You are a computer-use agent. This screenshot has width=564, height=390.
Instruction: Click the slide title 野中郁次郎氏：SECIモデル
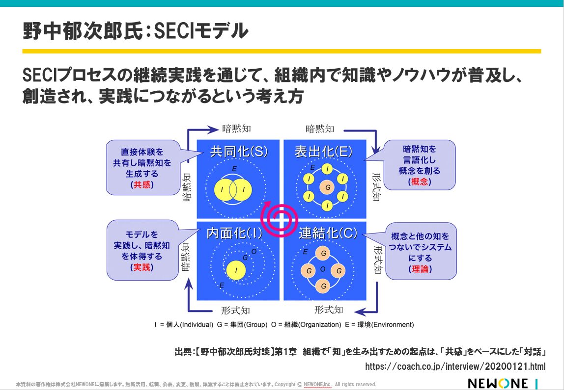pos(136,31)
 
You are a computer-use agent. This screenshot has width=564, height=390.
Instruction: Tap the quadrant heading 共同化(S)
pos(239,152)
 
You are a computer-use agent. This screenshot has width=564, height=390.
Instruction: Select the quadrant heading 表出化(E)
pos(323,152)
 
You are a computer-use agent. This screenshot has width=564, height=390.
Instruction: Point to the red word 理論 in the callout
pos(420,269)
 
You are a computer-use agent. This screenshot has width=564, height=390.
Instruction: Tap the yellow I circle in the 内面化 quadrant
pos(237,269)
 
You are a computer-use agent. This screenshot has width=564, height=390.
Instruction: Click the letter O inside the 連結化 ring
pos(323,269)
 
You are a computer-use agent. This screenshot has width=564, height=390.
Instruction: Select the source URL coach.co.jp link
pos(455,366)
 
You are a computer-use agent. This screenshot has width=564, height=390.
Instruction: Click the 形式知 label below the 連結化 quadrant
pos(329,310)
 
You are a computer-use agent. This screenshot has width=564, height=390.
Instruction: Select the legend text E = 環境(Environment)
pos(379,324)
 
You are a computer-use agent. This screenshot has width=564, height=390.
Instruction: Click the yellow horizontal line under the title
pos(282,51)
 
